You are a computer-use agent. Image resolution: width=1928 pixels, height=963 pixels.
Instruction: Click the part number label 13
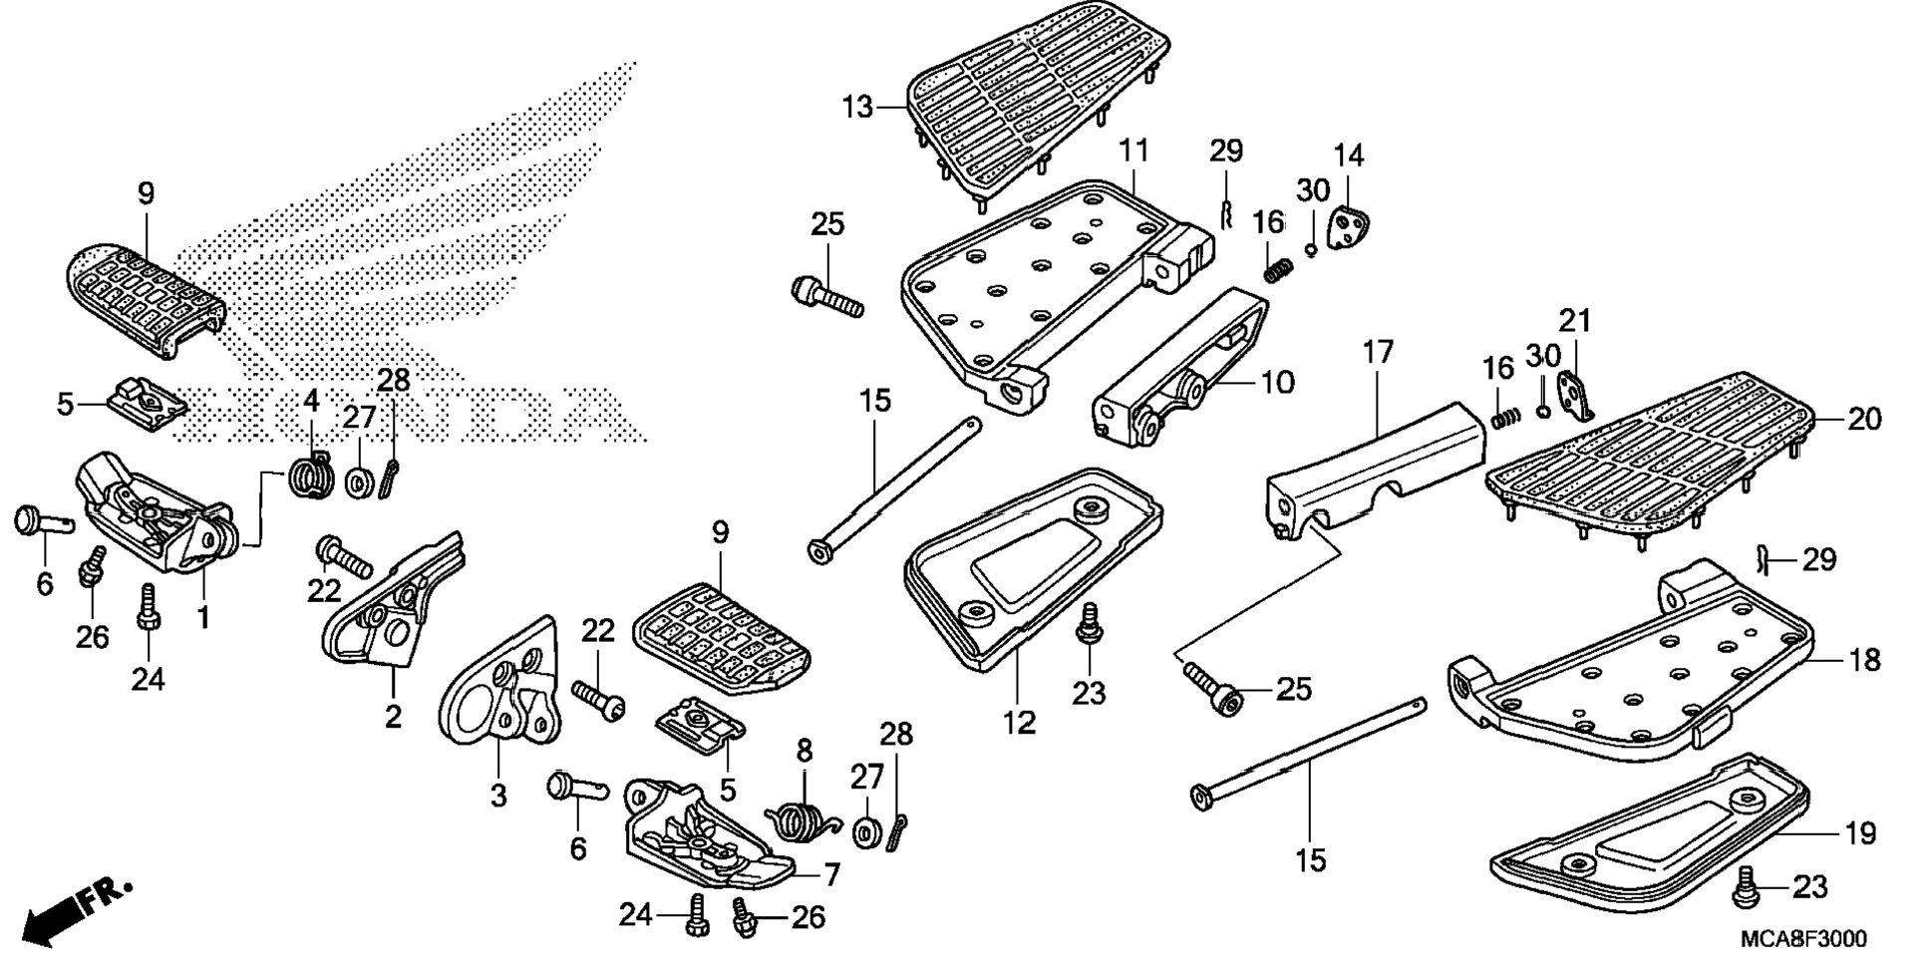tap(856, 107)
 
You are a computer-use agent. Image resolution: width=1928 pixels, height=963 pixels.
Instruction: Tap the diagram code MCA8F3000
tap(1804, 939)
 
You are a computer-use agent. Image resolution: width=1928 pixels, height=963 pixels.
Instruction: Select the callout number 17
tap(1378, 353)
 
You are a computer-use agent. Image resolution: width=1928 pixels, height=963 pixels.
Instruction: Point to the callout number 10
tap(1278, 382)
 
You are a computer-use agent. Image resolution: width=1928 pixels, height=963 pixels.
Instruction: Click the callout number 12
tap(1020, 722)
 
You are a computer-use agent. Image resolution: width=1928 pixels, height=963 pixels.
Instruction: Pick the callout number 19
tap(1860, 832)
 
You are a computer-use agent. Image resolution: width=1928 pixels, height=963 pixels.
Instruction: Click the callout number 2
tap(394, 715)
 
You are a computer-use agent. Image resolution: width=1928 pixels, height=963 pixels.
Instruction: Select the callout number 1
tap(203, 618)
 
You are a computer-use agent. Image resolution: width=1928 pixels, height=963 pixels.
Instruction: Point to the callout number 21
tap(1575, 321)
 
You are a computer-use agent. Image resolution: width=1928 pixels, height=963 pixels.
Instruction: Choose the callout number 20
tap(1864, 419)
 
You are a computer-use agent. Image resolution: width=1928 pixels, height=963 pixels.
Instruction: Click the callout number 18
tap(1864, 659)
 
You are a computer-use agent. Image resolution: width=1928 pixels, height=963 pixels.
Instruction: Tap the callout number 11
tap(1133, 151)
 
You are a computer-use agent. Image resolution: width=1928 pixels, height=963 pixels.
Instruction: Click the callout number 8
tap(805, 749)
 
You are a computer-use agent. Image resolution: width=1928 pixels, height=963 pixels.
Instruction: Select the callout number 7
tap(831, 875)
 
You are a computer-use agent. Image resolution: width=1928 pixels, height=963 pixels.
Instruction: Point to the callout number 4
tap(311, 401)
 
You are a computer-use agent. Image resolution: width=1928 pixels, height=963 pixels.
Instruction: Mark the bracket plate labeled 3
tap(498, 688)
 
